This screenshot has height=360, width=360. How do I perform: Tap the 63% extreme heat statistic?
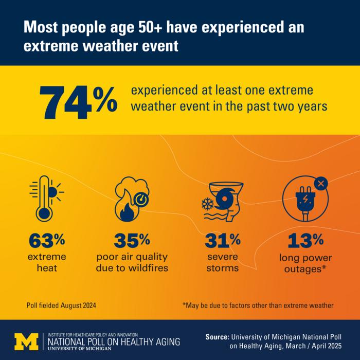(x=47, y=240)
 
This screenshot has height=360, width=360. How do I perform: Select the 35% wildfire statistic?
(x=132, y=240)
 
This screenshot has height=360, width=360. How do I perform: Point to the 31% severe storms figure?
(x=222, y=240)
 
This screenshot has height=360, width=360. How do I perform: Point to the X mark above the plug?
(x=320, y=183)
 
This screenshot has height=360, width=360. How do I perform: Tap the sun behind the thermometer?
(x=53, y=192)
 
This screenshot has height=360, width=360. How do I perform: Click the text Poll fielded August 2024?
(x=61, y=305)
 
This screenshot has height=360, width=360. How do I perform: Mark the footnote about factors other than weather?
(x=258, y=305)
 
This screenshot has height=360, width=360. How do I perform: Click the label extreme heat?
(x=47, y=262)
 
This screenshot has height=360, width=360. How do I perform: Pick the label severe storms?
(x=222, y=262)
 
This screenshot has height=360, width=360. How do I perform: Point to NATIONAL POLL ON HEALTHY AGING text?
(x=114, y=341)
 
